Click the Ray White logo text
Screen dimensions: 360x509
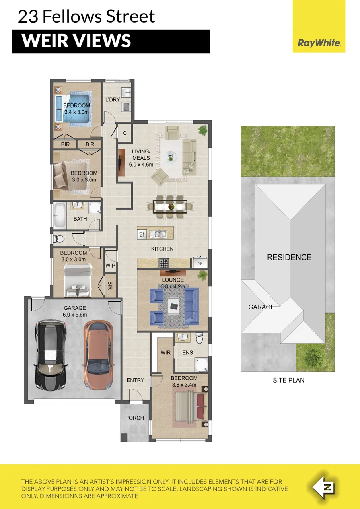(319, 43)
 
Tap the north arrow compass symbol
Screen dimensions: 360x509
(323, 488)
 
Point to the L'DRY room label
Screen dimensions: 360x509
(113, 99)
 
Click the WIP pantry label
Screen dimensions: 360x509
(110, 265)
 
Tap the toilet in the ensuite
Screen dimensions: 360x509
(199, 338)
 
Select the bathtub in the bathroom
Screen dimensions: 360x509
(60, 216)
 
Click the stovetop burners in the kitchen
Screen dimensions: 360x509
(163, 263)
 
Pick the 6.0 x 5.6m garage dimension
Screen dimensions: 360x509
(75, 315)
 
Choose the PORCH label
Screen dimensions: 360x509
(134, 418)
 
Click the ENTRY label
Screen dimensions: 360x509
(136, 380)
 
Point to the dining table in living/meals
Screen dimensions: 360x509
(170, 207)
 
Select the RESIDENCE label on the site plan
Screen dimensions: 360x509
(289, 257)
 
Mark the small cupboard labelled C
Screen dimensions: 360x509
(125, 133)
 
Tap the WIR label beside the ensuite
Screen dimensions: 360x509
(165, 352)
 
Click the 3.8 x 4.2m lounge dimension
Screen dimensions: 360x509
(173, 286)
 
